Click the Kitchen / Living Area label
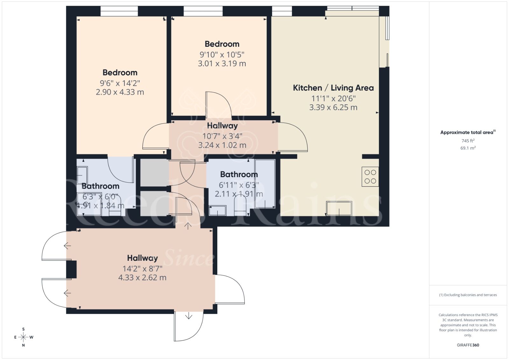[333, 88]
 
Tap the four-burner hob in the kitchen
[370, 177]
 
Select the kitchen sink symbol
[339, 208]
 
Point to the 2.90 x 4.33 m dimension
[120, 92]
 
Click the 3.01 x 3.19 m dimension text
[222, 64]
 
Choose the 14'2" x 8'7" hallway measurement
[142, 268]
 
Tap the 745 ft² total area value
[468, 141]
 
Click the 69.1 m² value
[468, 148]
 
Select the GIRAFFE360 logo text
[468, 345]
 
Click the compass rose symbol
[23, 337]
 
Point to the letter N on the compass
[23, 345]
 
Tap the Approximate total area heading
[467, 132]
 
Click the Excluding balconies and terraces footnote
[468, 295]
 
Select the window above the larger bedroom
[119, 11]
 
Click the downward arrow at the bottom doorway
[189, 316]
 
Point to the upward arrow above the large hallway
[188, 226]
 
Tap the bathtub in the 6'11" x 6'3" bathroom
[265, 184]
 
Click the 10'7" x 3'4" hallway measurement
[222, 136]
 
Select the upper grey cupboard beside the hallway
[154, 172]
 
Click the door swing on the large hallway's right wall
[230, 289]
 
